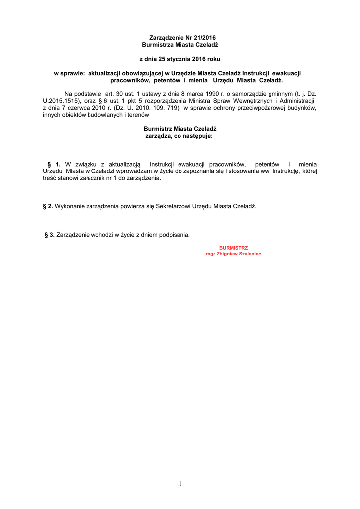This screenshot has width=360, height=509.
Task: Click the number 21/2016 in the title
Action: coord(205,38)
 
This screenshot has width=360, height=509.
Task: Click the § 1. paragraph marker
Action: coord(54,164)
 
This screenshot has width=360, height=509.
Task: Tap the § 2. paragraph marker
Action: coord(48,206)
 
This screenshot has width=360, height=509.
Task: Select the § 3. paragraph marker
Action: coord(50,235)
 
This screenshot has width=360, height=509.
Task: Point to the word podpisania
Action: coord(174,235)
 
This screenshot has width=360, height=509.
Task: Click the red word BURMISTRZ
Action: coord(233,248)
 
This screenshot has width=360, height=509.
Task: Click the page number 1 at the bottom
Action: coord(180,483)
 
